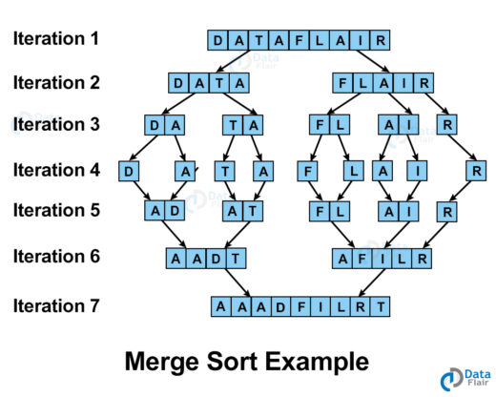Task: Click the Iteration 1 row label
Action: point(55,38)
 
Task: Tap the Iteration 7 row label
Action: point(56,305)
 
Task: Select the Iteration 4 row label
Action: point(56,170)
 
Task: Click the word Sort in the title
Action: point(232,362)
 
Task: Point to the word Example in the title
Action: point(317,362)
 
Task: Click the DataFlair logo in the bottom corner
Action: point(465,379)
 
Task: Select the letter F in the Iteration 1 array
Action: point(300,40)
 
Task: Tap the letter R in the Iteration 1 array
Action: point(381,40)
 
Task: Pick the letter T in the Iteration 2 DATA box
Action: point(219,83)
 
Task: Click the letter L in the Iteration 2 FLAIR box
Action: point(362,83)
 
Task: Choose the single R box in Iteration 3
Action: point(447,125)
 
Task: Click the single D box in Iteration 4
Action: point(129,171)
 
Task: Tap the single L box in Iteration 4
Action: point(354,171)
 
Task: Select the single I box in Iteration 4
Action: point(417,171)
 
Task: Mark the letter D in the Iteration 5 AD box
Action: point(175,211)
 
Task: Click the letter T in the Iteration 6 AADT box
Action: point(236,259)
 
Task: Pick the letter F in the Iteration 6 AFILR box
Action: point(362,259)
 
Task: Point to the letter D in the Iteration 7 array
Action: point(280,306)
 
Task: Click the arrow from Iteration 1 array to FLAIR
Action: point(372,61)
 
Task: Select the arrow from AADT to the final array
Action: point(238,282)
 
